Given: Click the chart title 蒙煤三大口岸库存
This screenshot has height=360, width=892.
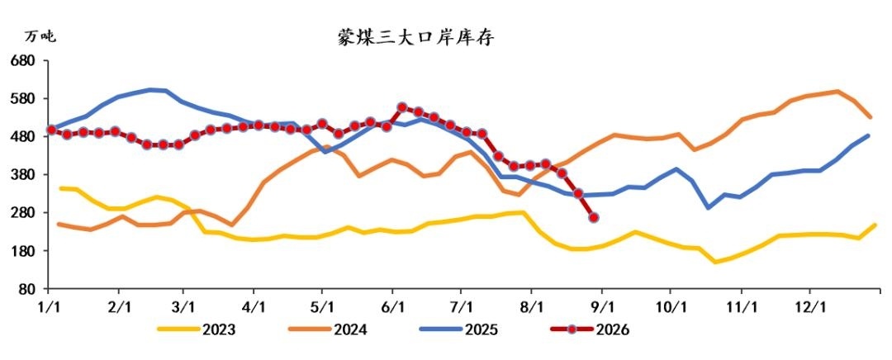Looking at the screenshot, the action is (415, 37).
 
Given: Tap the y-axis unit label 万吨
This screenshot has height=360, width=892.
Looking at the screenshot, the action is (40, 37).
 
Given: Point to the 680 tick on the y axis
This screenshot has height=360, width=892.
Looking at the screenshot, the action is (24, 60).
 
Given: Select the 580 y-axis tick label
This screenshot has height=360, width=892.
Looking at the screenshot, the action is (24, 98).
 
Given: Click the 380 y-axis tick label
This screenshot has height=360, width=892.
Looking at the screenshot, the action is (24, 174).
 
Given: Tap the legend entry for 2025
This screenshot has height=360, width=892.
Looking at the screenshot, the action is (459, 329).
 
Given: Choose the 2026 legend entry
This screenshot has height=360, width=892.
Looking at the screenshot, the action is (591, 329).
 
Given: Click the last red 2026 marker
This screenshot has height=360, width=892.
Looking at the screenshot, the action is (594, 217).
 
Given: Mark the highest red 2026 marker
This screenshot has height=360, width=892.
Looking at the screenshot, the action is (402, 107).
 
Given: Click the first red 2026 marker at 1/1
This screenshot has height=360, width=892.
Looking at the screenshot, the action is (51, 130).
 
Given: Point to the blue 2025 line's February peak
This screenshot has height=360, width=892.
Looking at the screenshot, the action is (151, 89).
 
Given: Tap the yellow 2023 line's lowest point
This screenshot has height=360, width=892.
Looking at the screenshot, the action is (715, 263).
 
